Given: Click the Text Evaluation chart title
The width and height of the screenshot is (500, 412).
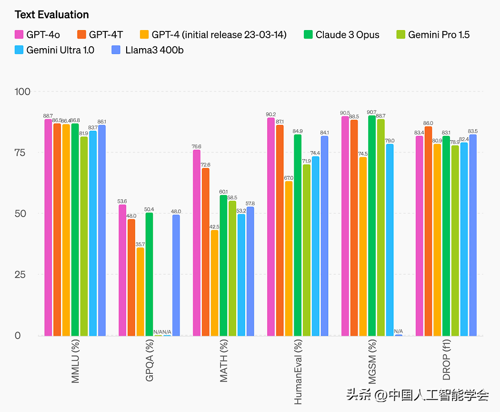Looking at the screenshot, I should (x=51, y=15).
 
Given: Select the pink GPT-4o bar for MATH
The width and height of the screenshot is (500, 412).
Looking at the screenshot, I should (x=197, y=243).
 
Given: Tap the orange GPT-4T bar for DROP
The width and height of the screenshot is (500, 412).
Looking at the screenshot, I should (x=428, y=231).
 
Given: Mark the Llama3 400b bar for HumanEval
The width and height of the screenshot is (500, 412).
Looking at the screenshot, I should (x=324, y=236).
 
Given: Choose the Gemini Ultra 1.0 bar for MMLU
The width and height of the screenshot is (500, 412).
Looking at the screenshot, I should (x=93, y=233).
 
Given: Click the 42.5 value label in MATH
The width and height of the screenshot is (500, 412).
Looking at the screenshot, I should (x=214, y=227).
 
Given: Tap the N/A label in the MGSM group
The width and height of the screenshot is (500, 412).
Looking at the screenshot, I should (x=398, y=331).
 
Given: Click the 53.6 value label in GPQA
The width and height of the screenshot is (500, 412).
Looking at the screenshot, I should (x=122, y=201).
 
